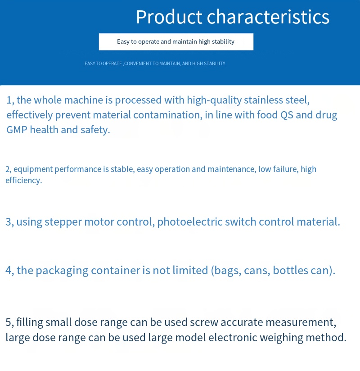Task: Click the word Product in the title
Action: click(169, 17)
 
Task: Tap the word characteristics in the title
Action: click(268, 17)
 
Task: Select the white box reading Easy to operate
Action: click(176, 41)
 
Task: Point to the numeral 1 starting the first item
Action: click(9, 100)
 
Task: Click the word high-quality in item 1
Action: click(214, 100)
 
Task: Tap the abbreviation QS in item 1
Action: click(287, 115)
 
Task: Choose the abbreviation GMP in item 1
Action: click(17, 130)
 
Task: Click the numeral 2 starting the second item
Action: click(8, 169)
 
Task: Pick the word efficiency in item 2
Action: click(23, 180)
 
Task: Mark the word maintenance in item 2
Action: click(231, 169)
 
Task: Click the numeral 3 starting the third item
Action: click(8, 222)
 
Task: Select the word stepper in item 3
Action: click(63, 222)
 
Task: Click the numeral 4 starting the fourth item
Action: click(9, 271)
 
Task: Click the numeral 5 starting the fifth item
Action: click(8, 322)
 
